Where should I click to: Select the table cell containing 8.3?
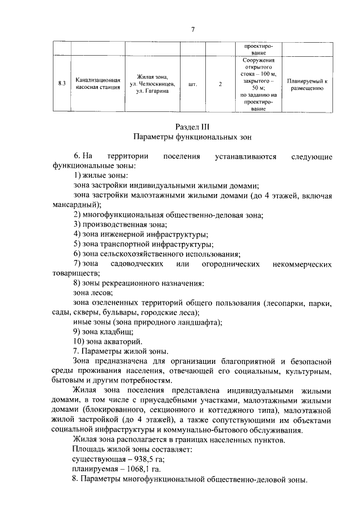pos(62,84)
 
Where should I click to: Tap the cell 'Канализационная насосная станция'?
pos(98,84)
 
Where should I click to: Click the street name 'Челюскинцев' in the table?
pos(157,84)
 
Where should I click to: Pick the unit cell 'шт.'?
pos(193,84)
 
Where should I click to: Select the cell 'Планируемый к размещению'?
pos(307,84)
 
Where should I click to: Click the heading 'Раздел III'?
pos(192,127)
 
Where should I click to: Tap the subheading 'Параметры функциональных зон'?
pos(192,137)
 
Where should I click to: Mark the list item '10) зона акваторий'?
pos(107,341)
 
